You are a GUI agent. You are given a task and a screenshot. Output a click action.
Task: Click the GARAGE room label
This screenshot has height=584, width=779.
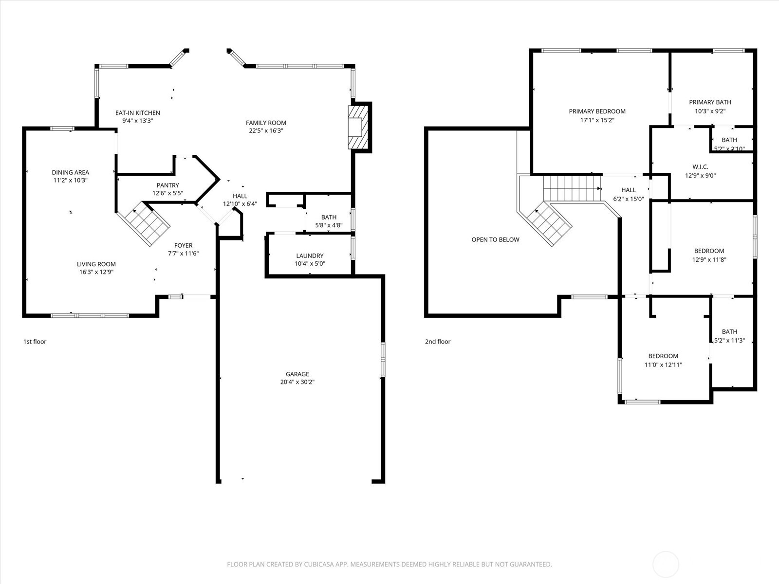pyautogui.click(x=297, y=374)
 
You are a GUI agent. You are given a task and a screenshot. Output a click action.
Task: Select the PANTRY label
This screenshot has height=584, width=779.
pyautogui.click(x=167, y=185)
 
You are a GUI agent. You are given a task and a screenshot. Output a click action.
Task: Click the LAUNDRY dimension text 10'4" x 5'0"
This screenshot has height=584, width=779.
pyautogui.click(x=310, y=264)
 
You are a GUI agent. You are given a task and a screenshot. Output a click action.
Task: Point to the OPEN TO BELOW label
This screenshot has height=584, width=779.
pyautogui.click(x=495, y=239)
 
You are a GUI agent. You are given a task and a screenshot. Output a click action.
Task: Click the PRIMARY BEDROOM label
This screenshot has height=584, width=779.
pyautogui.click(x=597, y=111)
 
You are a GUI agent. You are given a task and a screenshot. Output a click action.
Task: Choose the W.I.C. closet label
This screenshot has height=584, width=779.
pyautogui.click(x=700, y=167)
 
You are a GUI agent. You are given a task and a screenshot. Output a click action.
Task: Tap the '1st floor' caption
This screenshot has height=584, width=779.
pyautogui.click(x=35, y=342)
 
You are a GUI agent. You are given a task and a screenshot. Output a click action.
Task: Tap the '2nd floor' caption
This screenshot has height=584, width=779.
pyautogui.click(x=438, y=342)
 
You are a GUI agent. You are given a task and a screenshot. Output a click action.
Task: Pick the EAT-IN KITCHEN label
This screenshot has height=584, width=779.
pyautogui.click(x=137, y=113)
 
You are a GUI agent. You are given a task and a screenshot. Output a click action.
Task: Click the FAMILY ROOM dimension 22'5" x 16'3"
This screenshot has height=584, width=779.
pyautogui.click(x=266, y=131)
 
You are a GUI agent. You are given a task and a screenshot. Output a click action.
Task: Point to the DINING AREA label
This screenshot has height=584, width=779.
pyautogui.click(x=71, y=172)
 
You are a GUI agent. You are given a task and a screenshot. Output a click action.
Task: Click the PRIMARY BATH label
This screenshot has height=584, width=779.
pyautogui.click(x=710, y=102)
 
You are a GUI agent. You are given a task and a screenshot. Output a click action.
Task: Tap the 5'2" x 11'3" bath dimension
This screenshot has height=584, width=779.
pyautogui.click(x=729, y=341)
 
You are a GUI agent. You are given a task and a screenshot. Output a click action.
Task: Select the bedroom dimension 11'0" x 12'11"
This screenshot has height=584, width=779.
pyautogui.click(x=663, y=365)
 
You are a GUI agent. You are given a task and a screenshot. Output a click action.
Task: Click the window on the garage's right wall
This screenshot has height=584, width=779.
pyautogui.click(x=383, y=360)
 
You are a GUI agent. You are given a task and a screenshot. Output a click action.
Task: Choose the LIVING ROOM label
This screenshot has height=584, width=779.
pyautogui.click(x=96, y=264)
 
